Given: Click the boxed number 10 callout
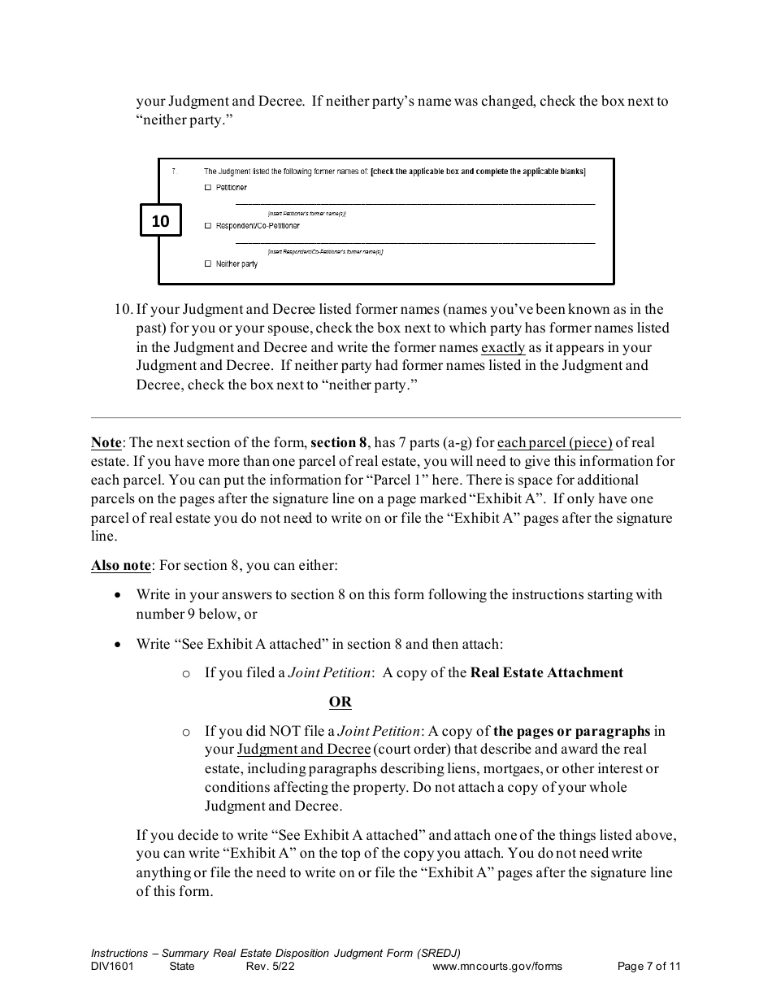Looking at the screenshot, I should click(x=160, y=221).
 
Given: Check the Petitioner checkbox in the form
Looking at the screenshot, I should click(x=208, y=188).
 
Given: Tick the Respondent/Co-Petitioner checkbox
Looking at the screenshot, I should click(x=208, y=226).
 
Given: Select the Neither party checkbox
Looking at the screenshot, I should click(x=208, y=264).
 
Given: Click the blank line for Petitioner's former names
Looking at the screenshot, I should click(x=414, y=203).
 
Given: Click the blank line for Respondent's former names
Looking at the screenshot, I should click(x=414, y=241).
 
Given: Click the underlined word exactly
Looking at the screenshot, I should click(x=503, y=347).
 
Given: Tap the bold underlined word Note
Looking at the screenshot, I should click(x=106, y=443).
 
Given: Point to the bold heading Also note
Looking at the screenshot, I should click(x=120, y=566).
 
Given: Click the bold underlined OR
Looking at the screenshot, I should click(x=340, y=702).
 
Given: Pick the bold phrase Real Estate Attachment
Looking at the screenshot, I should click(x=547, y=672).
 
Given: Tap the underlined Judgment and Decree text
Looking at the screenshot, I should click(x=303, y=750).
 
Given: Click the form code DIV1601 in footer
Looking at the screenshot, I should click(x=112, y=967).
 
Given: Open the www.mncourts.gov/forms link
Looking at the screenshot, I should click(x=497, y=967).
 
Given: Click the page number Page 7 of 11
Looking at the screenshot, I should click(x=648, y=967).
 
